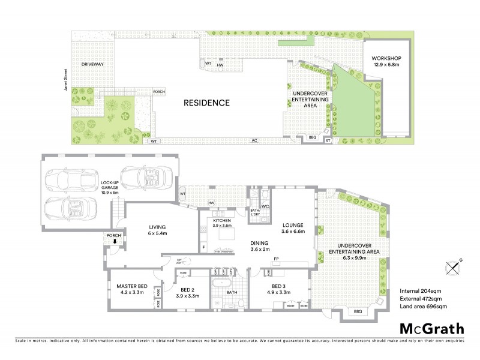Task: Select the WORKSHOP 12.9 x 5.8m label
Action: (x=386, y=61)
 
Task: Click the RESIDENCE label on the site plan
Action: (x=207, y=103)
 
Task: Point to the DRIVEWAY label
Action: (x=92, y=64)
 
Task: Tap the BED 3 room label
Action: (x=281, y=290)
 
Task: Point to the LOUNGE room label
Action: (x=293, y=228)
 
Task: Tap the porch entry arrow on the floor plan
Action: (x=115, y=242)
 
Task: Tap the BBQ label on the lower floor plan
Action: (x=359, y=312)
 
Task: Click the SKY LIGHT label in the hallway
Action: (x=179, y=260)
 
